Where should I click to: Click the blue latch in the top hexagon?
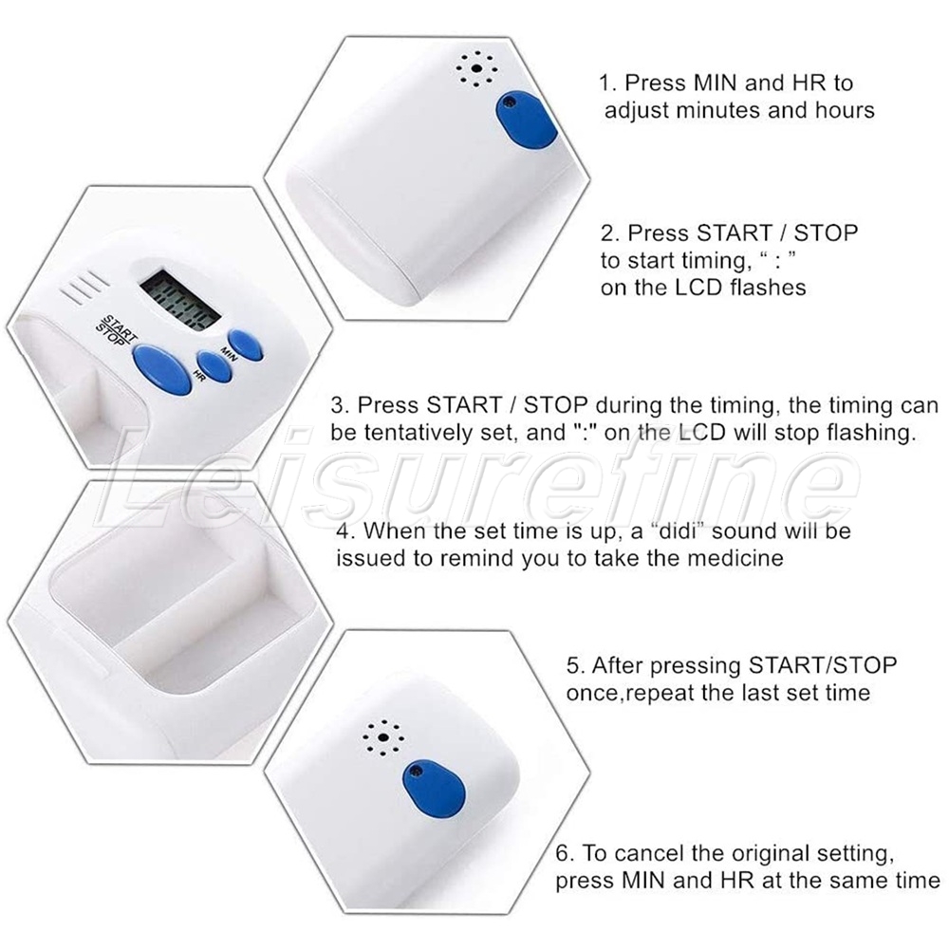click(526, 121)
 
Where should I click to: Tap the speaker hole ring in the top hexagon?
click(476, 69)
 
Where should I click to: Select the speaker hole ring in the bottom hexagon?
click(382, 737)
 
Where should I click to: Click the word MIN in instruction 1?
click(716, 83)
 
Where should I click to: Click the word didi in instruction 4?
click(679, 530)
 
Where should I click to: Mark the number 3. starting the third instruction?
click(340, 405)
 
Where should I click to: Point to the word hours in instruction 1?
click(845, 110)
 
